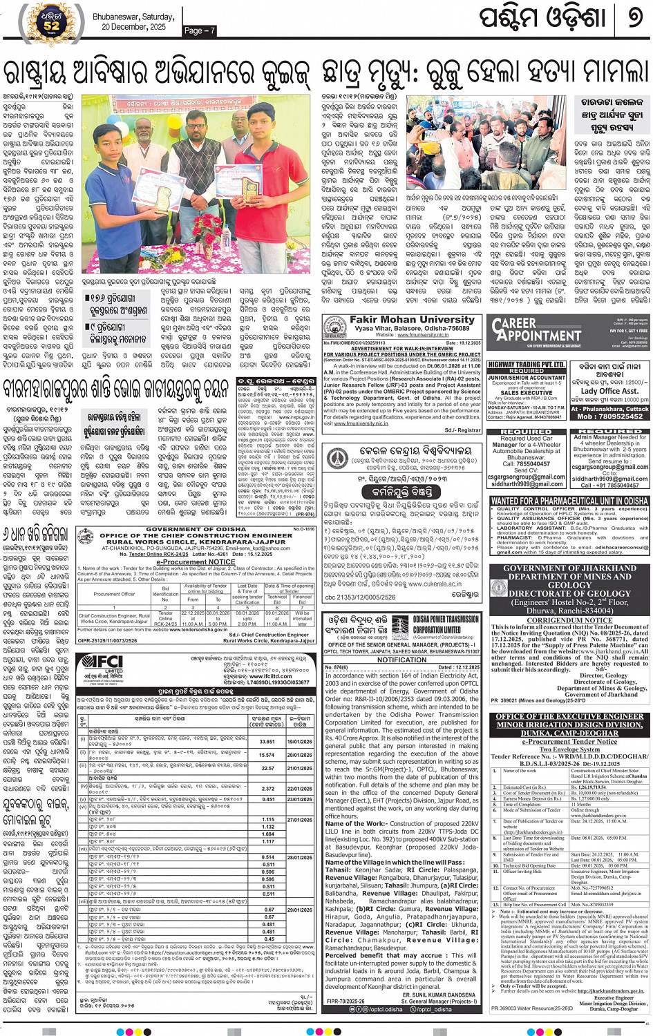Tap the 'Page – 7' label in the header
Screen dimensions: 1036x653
(200, 30)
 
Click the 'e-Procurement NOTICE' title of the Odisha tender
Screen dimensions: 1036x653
(196, 562)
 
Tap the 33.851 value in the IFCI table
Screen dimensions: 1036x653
(267, 742)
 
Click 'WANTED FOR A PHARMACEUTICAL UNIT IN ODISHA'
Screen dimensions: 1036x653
(569, 501)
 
